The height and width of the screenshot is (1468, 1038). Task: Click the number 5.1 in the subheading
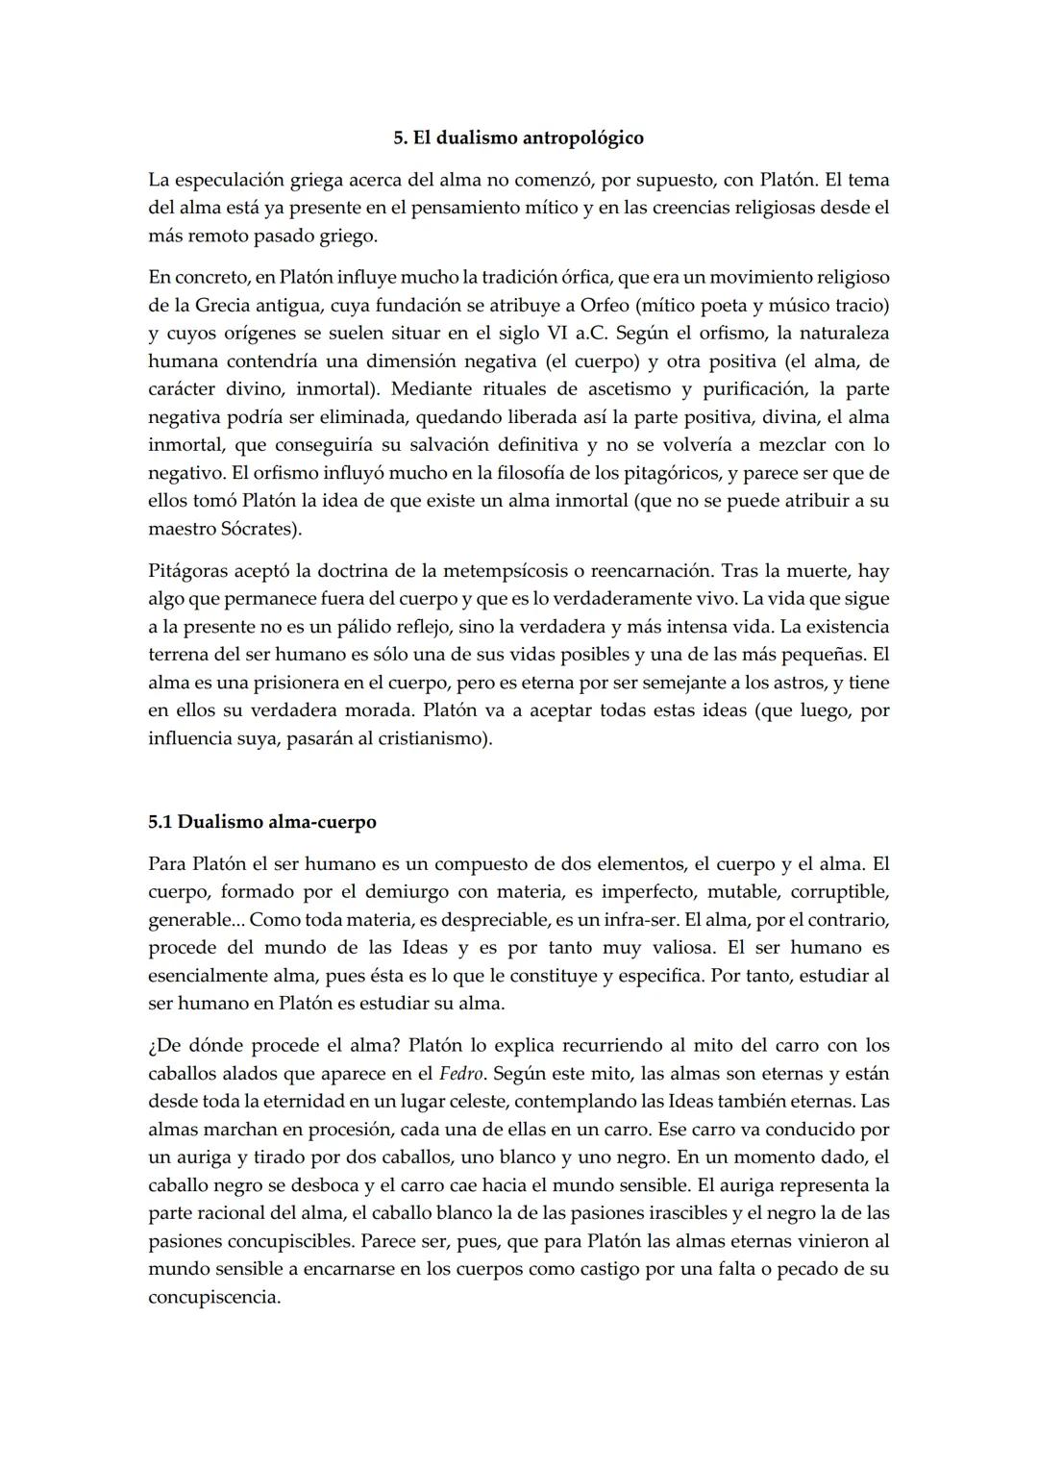(x=161, y=823)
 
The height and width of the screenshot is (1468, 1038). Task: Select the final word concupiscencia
(x=212, y=1297)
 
